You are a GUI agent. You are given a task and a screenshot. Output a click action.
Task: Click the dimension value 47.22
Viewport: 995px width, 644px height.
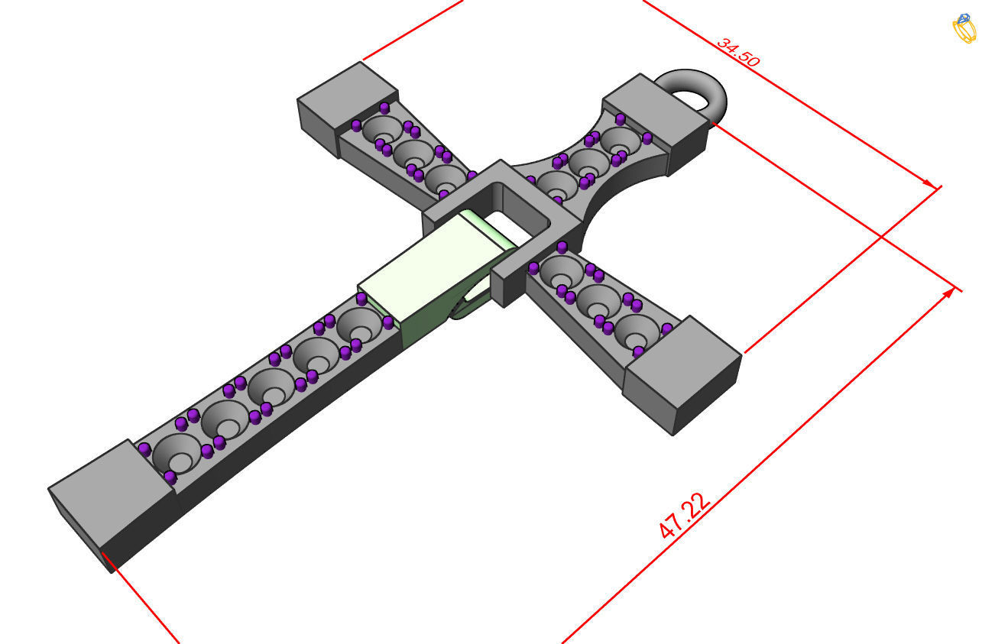(685, 516)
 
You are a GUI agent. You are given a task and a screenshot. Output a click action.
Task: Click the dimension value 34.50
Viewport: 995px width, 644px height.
(737, 53)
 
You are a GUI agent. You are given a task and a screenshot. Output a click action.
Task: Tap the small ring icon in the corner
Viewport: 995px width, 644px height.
(964, 28)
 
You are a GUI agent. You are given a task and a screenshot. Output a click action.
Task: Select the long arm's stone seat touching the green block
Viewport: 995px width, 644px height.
(360, 326)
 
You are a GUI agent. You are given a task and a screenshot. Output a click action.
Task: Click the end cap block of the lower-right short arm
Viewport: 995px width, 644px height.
(682, 374)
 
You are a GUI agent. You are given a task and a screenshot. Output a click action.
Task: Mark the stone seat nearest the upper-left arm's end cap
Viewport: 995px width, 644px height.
(381, 129)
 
